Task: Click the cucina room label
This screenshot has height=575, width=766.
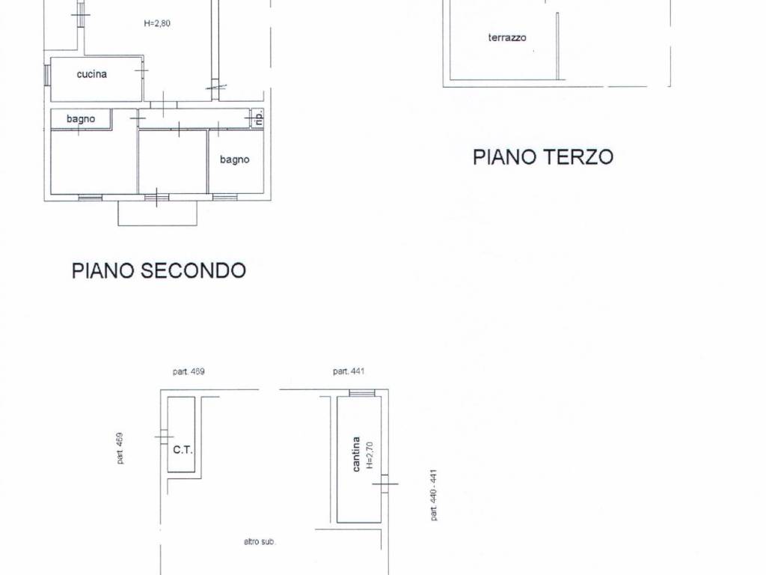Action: pos(91,74)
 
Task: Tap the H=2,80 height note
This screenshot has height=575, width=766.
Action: pos(157,23)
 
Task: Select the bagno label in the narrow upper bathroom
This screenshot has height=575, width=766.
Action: pos(80,119)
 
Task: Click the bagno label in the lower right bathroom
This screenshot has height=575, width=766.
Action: pos(234,159)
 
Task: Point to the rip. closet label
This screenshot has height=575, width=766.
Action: pos(258,118)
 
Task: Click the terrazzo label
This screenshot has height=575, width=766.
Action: pos(507,37)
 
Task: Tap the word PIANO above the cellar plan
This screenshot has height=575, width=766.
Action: pos(99,270)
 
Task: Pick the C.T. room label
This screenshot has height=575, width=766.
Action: pos(183,450)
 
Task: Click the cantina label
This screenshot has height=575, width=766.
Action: pos(356,454)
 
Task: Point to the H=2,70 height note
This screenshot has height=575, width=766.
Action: pos(369,455)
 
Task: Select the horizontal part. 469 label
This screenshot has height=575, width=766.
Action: pos(189,371)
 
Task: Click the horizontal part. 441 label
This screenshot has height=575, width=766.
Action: pos(349,371)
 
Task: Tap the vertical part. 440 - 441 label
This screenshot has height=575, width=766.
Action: pos(433,494)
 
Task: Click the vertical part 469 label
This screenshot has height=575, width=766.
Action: pos(120,448)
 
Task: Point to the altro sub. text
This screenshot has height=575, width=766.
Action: pos(260,541)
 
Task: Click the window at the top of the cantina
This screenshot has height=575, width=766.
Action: pos(362,393)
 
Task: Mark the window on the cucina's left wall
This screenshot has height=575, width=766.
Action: pos(47,75)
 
